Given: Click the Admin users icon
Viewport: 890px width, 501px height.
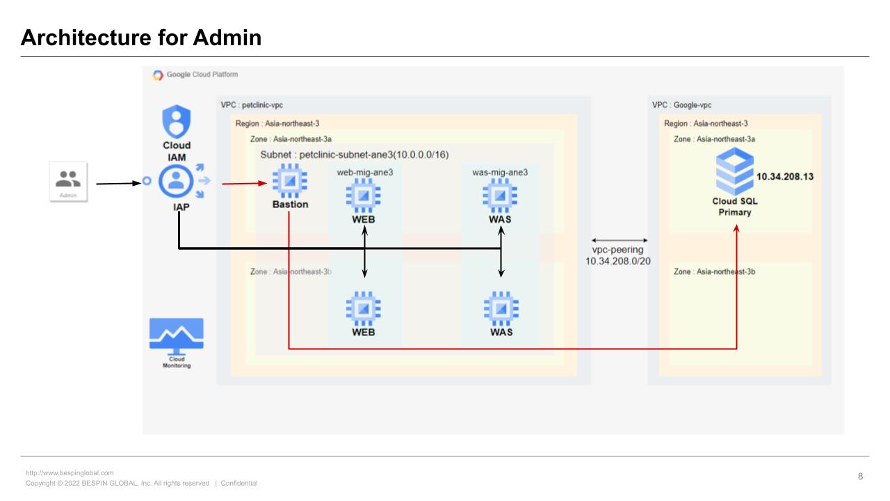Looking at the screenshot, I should tap(68, 179).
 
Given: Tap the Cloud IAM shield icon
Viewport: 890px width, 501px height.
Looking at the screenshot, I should tap(176, 122).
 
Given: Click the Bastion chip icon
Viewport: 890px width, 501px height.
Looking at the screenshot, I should tap(290, 182).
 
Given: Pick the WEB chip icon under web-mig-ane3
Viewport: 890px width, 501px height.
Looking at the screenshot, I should tap(363, 196).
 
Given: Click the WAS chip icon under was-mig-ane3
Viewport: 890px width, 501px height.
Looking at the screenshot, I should tap(501, 196).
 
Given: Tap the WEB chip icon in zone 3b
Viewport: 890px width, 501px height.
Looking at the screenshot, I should tap(363, 308).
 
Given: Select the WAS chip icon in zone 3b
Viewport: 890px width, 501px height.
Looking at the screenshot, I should tap(501, 308).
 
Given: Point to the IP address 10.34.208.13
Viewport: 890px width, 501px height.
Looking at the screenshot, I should tap(784, 177).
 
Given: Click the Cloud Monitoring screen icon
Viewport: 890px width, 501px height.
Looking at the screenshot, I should tap(177, 336).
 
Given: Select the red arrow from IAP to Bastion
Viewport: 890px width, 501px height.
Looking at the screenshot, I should tap(245, 184).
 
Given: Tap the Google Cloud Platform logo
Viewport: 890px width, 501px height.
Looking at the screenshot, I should tap(159, 75).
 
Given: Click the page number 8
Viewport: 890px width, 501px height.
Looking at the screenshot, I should tap(860, 477).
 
